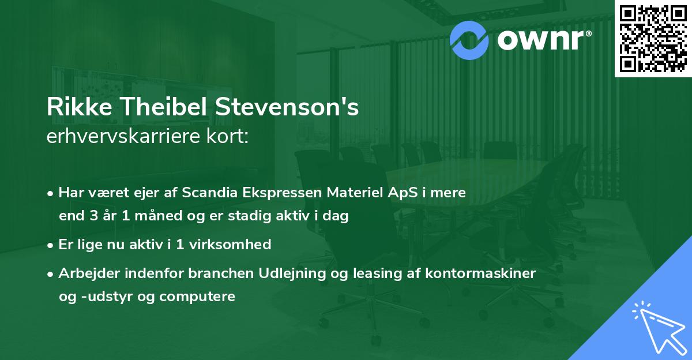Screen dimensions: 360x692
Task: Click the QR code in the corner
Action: [x=653, y=39]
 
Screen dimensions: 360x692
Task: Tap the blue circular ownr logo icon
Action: [x=469, y=40]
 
